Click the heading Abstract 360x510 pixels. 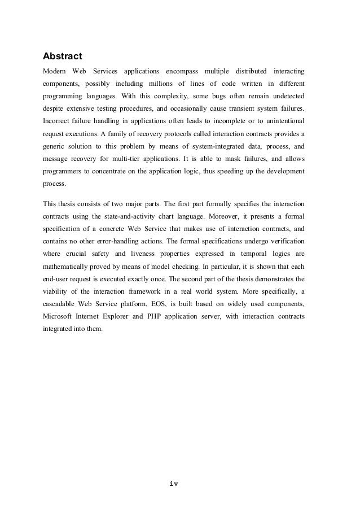click(63, 56)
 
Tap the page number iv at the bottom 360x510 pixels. click(173, 484)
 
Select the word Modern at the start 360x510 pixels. click(55, 72)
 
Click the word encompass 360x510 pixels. click(180, 72)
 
